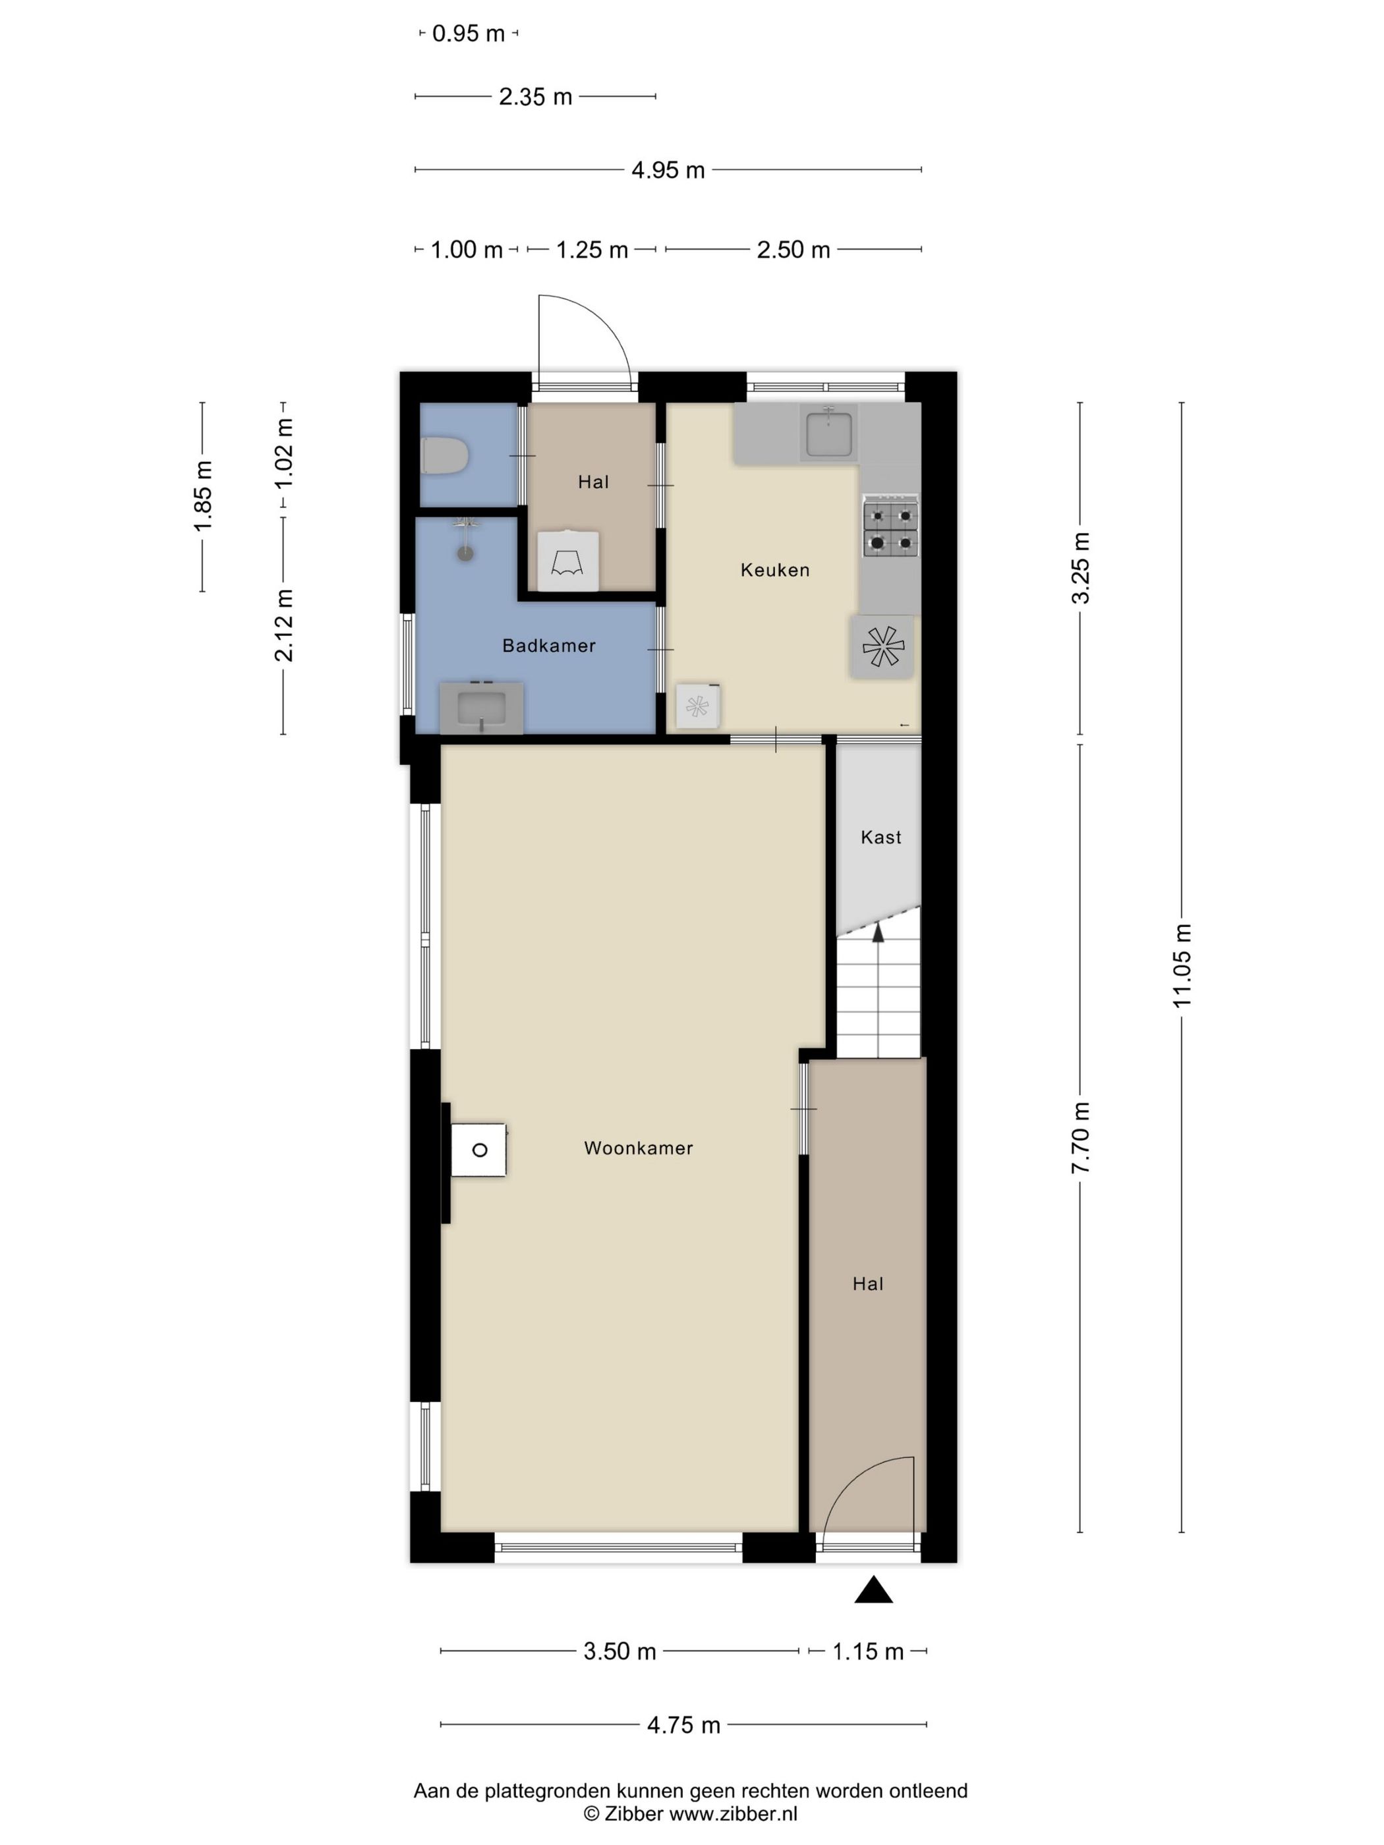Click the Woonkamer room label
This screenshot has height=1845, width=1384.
pyautogui.click(x=638, y=1149)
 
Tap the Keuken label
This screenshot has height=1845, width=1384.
pyautogui.click(x=775, y=571)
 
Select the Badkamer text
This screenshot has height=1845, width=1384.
pyautogui.click(x=549, y=646)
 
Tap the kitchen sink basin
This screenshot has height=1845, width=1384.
pyautogui.click(x=828, y=433)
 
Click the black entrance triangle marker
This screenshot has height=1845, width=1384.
pyautogui.click(x=873, y=1591)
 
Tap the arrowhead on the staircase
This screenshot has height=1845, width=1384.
pyautogui.click(x=878, y=932)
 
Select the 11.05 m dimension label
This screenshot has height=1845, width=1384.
pyautogui.click(x=1182, y=966)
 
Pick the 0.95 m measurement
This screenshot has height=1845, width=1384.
pyautogui.click(x=468, y=34)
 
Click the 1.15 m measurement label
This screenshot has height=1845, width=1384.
pyautogui.click(x=867, y=1651)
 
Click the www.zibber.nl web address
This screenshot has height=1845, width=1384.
pyautogui.click(x=734, y=1813)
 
